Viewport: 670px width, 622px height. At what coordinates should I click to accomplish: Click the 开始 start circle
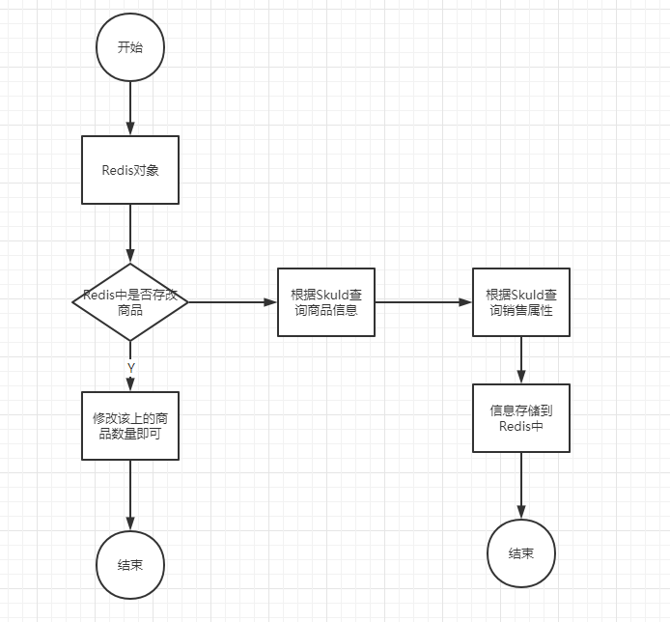[x=130, y=47]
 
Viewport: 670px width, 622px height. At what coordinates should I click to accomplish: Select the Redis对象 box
[x=130, y=170]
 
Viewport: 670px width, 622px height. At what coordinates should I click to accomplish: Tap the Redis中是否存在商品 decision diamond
[x=130, y=302]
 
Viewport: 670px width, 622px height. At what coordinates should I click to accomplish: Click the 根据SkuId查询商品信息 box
[x=326, y=302]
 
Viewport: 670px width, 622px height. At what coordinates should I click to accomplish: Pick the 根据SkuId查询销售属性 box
[x=521, y=302]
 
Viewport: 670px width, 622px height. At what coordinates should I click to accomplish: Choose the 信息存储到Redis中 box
[x=521, y=418]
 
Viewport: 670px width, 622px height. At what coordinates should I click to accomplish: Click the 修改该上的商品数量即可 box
[x=130, y=426]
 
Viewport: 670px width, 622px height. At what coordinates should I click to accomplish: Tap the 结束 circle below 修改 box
[x=130, y=565]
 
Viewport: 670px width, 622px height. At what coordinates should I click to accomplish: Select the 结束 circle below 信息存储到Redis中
[x=521, y=553]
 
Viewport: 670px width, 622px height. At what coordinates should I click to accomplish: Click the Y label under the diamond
[x=130, y=368]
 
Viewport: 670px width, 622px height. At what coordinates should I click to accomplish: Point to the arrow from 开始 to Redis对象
[x=130, y=108]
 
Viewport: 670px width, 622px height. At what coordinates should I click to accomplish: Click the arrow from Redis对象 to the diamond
[x=130, y=234]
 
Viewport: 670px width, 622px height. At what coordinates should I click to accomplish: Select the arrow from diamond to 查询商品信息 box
[x=233, y=302]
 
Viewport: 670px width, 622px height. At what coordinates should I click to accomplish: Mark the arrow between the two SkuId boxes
[x=424, y=302]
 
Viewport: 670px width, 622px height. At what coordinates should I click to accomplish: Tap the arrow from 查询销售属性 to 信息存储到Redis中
[x=521, y=360]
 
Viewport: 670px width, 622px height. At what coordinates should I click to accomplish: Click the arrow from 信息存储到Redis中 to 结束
[x=521, y=486]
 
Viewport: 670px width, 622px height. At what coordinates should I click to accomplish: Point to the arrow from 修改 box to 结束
[x=130, y=495]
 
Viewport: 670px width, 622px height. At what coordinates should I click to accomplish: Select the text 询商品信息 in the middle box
[x=326, y=310]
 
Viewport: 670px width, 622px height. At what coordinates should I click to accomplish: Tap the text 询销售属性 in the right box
[x=521, y=310]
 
